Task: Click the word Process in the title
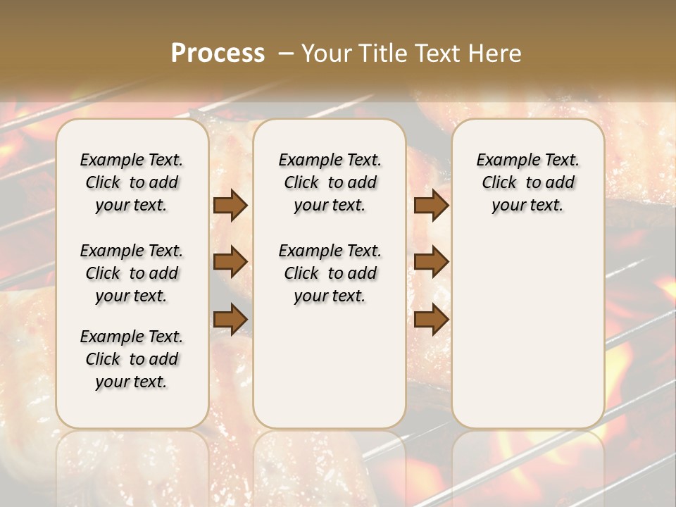click(x=218, y=54)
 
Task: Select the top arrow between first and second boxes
click(x=230, y=206)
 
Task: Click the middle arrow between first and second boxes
click(x=230, y=262)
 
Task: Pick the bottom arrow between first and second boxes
click(x=230, y=318)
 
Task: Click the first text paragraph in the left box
click(x=132, y=182)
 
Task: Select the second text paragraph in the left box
click(x=132, y=273)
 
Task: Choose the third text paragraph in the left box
click(x=132, y=359)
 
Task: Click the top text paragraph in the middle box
click(x=330, y=182)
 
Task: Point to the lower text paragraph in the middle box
click(x=330, y=273)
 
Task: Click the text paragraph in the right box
click(x=527, y=182)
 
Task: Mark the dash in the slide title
click(x=286, y=54)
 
